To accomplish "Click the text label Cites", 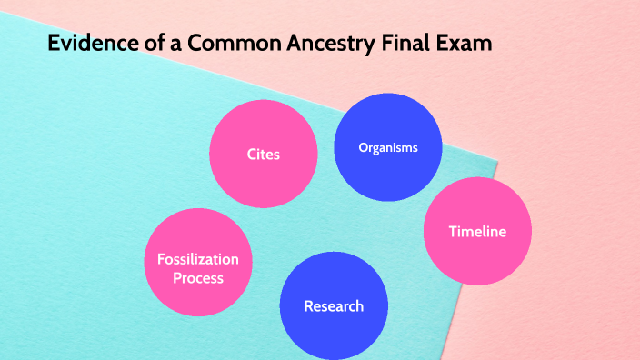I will tap(263, 154).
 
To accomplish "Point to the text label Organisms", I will tap(388, 147).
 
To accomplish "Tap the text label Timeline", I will tap(477, 232).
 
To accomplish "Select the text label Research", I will tap(334, 306).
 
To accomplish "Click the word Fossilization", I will tap(197, 260).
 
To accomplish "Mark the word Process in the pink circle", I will tap(197, 278).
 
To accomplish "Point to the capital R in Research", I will tap(309, 306).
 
